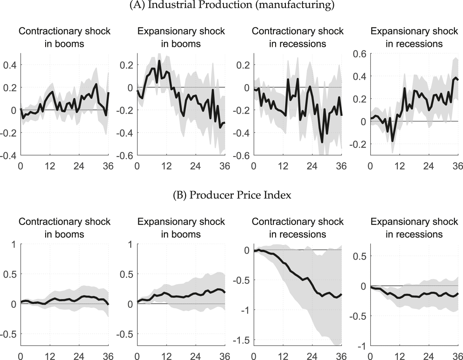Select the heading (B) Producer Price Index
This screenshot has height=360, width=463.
click(x=232, y=195)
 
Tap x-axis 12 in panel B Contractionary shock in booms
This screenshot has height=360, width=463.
click(x=50, y=356)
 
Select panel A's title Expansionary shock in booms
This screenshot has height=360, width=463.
click(x=181, y=37)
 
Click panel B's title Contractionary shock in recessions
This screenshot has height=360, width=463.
click(x=297, y=228)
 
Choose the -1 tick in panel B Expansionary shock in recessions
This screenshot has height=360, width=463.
click(x=361, y=346)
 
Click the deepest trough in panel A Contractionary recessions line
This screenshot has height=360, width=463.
click(x=322, y=142)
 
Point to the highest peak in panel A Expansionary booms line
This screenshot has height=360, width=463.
click(x=159, y=61)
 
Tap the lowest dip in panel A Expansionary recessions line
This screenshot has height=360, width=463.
click(x=392, y=141)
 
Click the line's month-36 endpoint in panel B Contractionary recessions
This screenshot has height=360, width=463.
click(x=341, y=294)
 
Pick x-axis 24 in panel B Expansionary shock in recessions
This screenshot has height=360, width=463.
click(x=429, y=356)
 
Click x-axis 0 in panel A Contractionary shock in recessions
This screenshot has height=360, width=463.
click(x=254, y=166)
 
